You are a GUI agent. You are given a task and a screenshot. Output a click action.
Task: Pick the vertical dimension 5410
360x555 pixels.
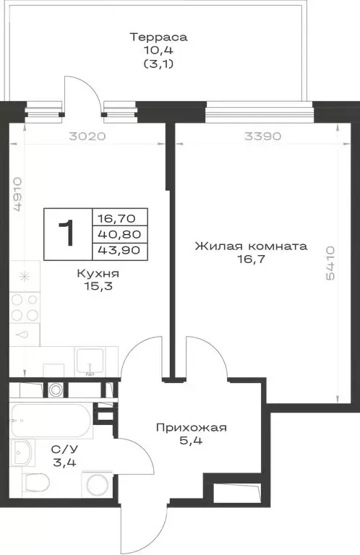[331, 263]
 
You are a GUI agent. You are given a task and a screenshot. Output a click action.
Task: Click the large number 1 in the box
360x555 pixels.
[67, 234]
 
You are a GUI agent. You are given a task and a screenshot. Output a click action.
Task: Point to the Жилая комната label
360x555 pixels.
[250, 246]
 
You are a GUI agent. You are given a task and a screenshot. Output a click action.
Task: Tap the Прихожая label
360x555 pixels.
[192, 428]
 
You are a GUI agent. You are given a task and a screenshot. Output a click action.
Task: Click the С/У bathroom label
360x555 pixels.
[61, 448]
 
